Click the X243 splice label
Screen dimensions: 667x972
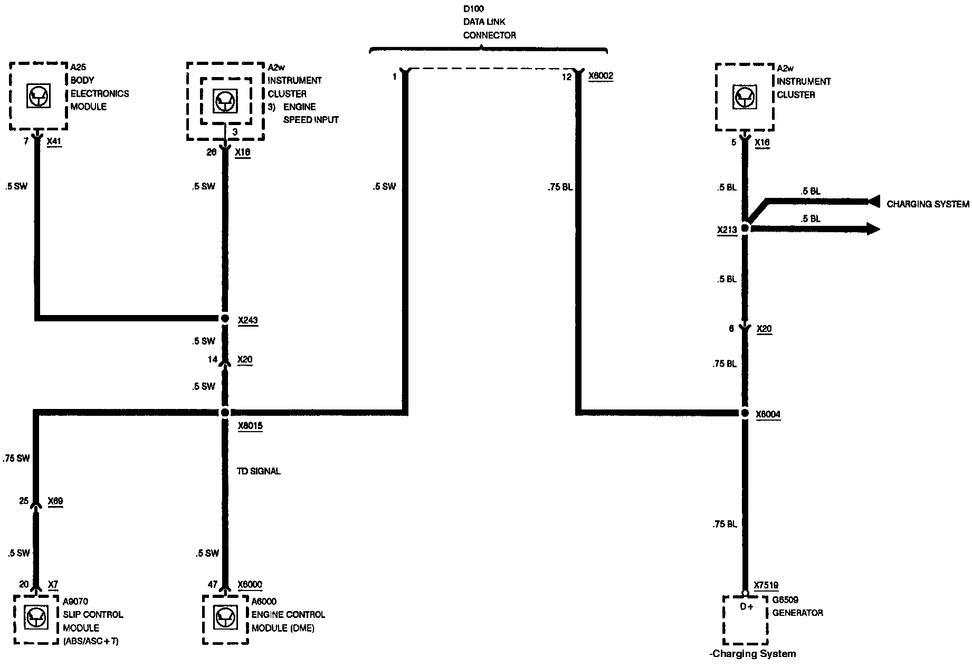(x=247, y=320)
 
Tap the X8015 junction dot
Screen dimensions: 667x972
(x=225, y=412)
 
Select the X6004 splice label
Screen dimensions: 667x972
(x=768, y=414)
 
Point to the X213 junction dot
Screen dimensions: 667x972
(x=745, y=228)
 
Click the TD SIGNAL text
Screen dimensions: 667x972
(x=259, y=471)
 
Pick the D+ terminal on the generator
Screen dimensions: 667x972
(x=746, y=607)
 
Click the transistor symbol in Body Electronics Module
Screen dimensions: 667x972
(x=39, y=96)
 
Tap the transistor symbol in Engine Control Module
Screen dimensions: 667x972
(x=225, y=618)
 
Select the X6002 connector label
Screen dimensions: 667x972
(x=601, y=76)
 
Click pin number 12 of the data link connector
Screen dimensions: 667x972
(x=566, y=77)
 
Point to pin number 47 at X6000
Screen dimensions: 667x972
(x=213, y=585)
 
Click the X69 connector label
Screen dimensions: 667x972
(x=55, y=501)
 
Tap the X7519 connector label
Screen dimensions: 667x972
(x=766, y=585)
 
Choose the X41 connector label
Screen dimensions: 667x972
(x=54, y=141)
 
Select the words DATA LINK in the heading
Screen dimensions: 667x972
(x=484, y=22)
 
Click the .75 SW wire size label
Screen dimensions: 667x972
(x=16, y=459)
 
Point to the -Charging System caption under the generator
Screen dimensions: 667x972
(x=752, y=654)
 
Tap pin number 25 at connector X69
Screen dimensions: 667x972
(x=24, y=501)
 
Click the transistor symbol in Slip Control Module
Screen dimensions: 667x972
(x=36, y=618)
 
